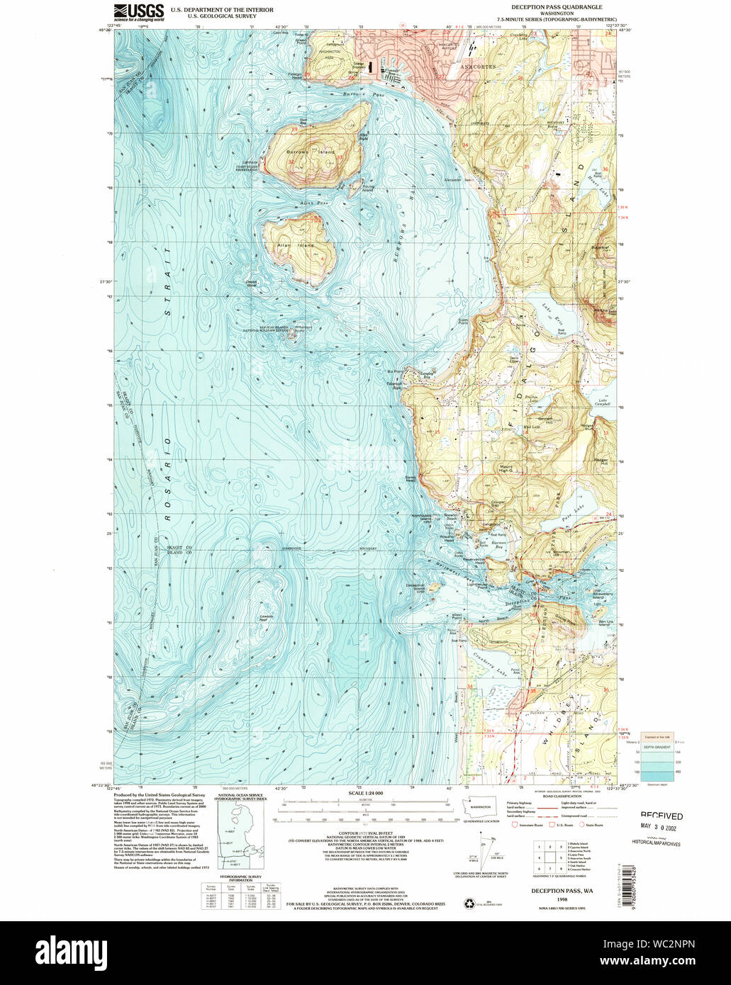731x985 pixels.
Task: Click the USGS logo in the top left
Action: pyautogui.click(x=139, y=13)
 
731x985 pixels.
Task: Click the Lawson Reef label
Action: pyautogui.click(x=266, y=616)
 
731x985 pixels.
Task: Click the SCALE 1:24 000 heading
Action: pyautogui.click(x=364, y=793)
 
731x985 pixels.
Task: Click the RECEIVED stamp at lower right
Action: pyautogui.click(x=662, y=816)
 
